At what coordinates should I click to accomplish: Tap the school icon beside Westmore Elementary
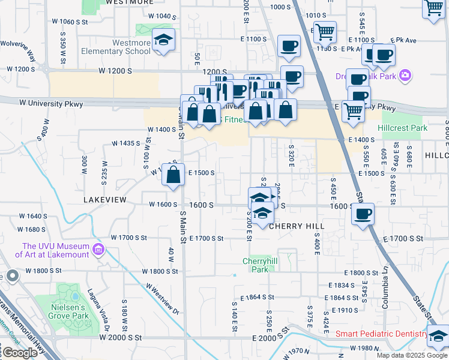tap(163, 40)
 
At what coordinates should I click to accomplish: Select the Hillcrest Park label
tap(402, 128)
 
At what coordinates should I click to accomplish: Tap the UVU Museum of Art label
tap(56, 250)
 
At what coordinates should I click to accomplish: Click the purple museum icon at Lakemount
tap(97, 250)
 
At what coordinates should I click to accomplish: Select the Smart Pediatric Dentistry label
tap(380, 334)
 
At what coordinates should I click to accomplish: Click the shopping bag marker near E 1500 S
tap(173, 175)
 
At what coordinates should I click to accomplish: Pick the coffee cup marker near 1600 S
tap(363, 215)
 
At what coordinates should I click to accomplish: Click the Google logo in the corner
tap(20, 353)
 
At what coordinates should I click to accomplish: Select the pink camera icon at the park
tap(406, 75)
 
